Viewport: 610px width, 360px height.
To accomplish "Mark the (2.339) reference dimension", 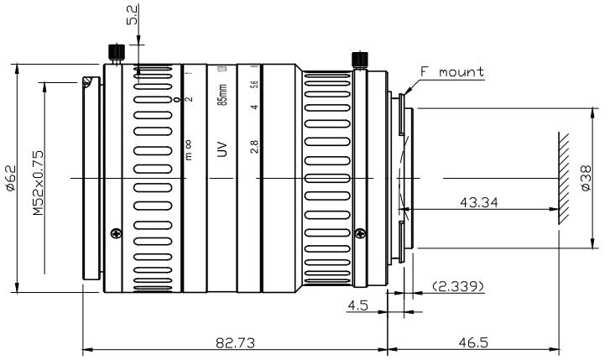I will [x=456, y=287].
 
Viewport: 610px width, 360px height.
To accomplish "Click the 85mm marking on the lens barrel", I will [x=222, y=95].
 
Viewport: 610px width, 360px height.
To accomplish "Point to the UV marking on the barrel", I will [x=222, y=149].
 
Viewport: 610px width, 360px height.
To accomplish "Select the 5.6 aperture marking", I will [x=254, y=86].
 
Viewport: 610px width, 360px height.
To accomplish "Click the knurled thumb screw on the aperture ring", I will [x=360, y=60].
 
